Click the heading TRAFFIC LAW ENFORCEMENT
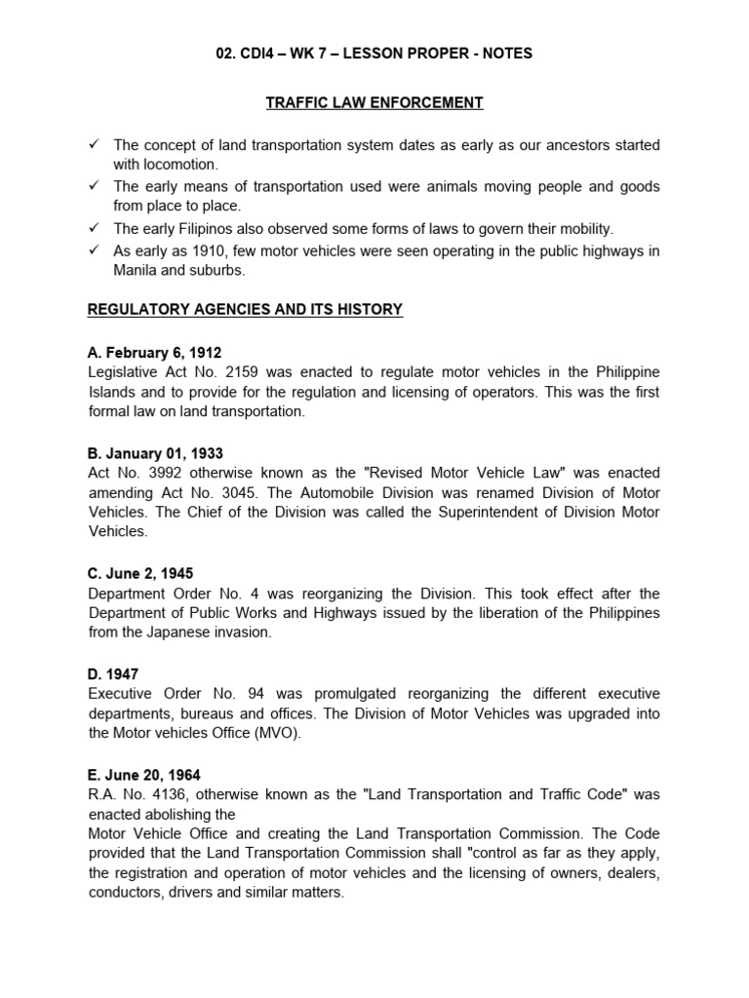pyautogui.click(x=374, y=102)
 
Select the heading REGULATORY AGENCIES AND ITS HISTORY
pyautogui.click(x=244, y=310)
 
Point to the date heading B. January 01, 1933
pyautogui.click(x=155, y=452)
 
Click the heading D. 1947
pyautogui.click(x=114, y=672)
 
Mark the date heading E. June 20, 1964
pyautogui.click(x=144, y=775)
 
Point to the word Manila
pyautogui.click(x=138, y=271)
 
